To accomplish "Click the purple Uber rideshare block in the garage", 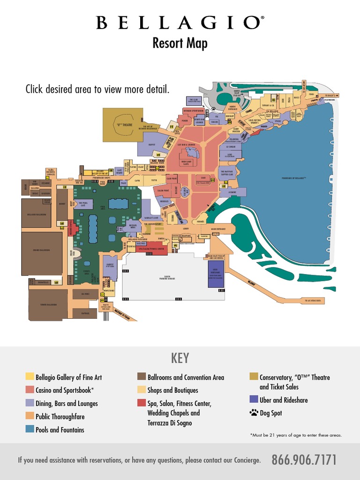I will tap(216, 273).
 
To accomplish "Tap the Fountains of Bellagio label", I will tap(293, 179).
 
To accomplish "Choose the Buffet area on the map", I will tap(151, 145).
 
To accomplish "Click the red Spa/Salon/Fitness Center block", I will tap(151, 248).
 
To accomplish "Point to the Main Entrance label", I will tap(218, 229).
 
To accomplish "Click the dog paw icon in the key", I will tap(254, 413).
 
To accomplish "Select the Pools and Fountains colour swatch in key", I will tap(30, 429).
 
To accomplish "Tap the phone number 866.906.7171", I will tap(304, 460).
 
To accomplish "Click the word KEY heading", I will tap(180, 358).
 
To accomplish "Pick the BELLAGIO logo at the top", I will tap(180, 23).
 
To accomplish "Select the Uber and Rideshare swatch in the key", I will tap(254, 400).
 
